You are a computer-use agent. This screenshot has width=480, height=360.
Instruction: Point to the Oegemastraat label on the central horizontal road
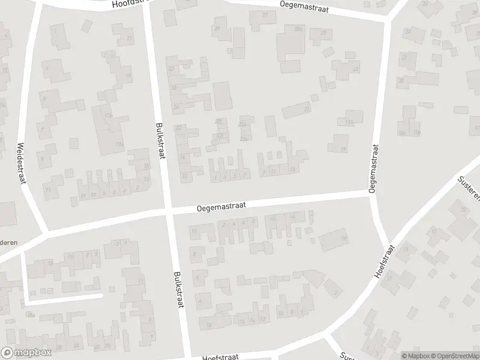point(221,205)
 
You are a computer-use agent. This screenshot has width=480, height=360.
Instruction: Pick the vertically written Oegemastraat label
point(374,168)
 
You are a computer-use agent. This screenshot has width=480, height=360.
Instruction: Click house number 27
point(265,14)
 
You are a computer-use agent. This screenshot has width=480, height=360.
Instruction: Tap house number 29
point(217,28)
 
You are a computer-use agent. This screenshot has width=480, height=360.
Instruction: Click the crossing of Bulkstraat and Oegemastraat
point(168,211)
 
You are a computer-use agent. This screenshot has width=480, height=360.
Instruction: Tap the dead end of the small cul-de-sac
point(101,295)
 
